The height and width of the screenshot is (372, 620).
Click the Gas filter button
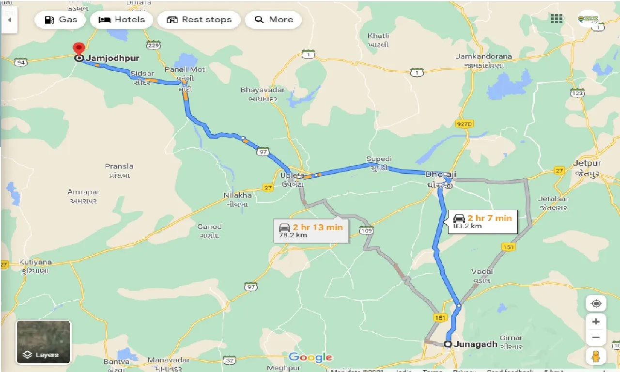click(60, 20)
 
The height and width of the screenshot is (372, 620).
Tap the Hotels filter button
click(122, 20)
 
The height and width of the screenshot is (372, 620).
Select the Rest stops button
click(199, 20)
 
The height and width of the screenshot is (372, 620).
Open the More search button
click(273, 20)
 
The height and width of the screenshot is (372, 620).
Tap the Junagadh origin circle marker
click(448, 344)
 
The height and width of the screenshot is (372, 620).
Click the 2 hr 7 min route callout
click(482, 221)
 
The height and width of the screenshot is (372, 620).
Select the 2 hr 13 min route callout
click(310, 231)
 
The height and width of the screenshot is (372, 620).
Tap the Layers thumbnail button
click(44, 342)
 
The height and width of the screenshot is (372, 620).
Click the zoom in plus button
click(596, 322)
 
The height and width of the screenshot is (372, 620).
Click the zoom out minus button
click(596, 338)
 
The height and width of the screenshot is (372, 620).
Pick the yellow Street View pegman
click(596, 356)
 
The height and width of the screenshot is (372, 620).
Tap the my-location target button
click(596, 304)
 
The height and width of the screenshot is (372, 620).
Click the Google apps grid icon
click(557, 19)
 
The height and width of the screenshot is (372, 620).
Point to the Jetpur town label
click(587, 163)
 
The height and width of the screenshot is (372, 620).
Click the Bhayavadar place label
click(259, 90)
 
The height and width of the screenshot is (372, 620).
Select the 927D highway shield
click(464, 124)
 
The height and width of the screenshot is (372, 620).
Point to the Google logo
click(310, 357)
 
